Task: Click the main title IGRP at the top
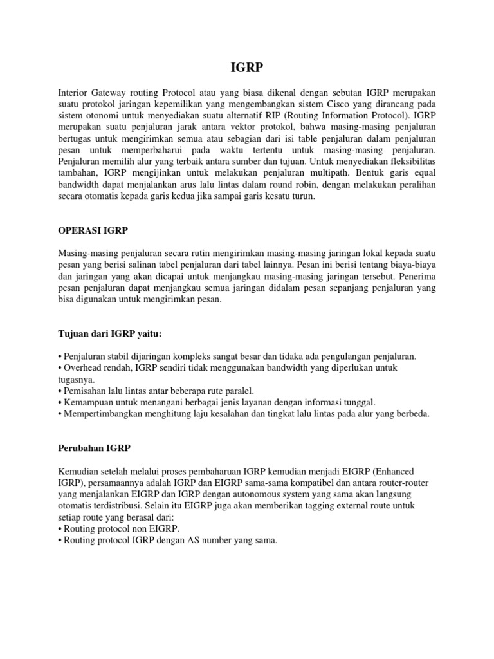pos(246,67)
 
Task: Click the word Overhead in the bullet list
pos(82,367)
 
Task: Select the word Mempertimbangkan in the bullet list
pos(104,414)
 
